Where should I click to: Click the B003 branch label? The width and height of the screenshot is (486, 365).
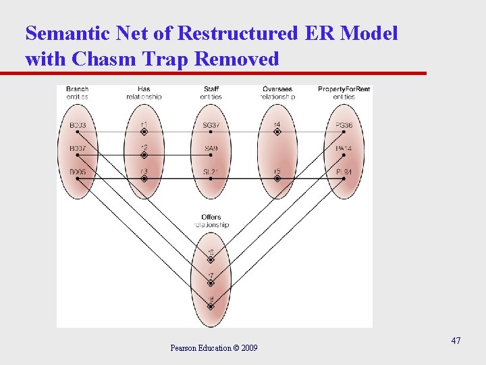point(78,125)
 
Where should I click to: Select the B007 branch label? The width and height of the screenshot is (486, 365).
point(78,148)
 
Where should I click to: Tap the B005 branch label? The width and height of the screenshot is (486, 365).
point(78,172)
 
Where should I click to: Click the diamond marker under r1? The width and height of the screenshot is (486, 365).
point(144,132)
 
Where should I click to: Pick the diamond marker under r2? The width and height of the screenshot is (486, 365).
point(144,155)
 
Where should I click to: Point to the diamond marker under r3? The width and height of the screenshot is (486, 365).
point(144,179)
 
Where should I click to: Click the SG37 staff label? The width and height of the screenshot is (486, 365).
point(211,125)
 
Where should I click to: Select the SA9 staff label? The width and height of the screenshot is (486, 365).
point(211,148)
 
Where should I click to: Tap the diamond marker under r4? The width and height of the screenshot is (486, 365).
point(277,132)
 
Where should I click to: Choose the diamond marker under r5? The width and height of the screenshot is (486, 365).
point(277,179)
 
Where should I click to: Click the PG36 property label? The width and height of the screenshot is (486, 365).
point(344,125)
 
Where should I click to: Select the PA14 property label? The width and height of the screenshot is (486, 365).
point(344,148)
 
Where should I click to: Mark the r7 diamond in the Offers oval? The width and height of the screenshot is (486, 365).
point(211,283)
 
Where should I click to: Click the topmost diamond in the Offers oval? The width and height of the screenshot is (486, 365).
point(211,260)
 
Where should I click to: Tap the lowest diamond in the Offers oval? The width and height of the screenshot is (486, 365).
point(211,306)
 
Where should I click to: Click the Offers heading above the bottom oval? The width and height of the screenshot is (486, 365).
point(211,218)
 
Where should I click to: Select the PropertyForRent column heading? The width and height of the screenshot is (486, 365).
point(344,89)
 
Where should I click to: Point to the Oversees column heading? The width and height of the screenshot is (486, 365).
point(277,89)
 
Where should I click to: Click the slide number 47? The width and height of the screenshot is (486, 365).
point(456,341)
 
